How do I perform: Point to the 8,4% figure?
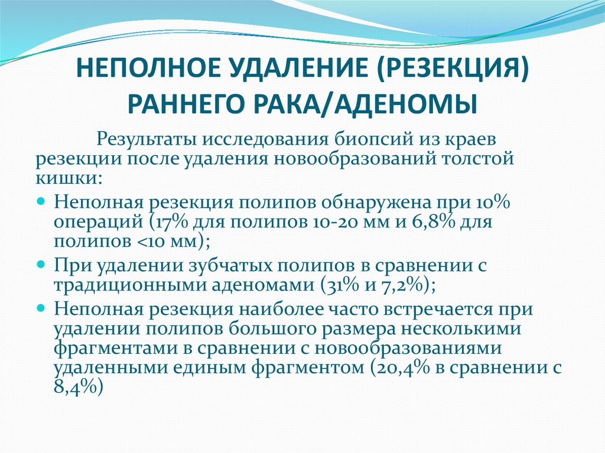77,388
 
